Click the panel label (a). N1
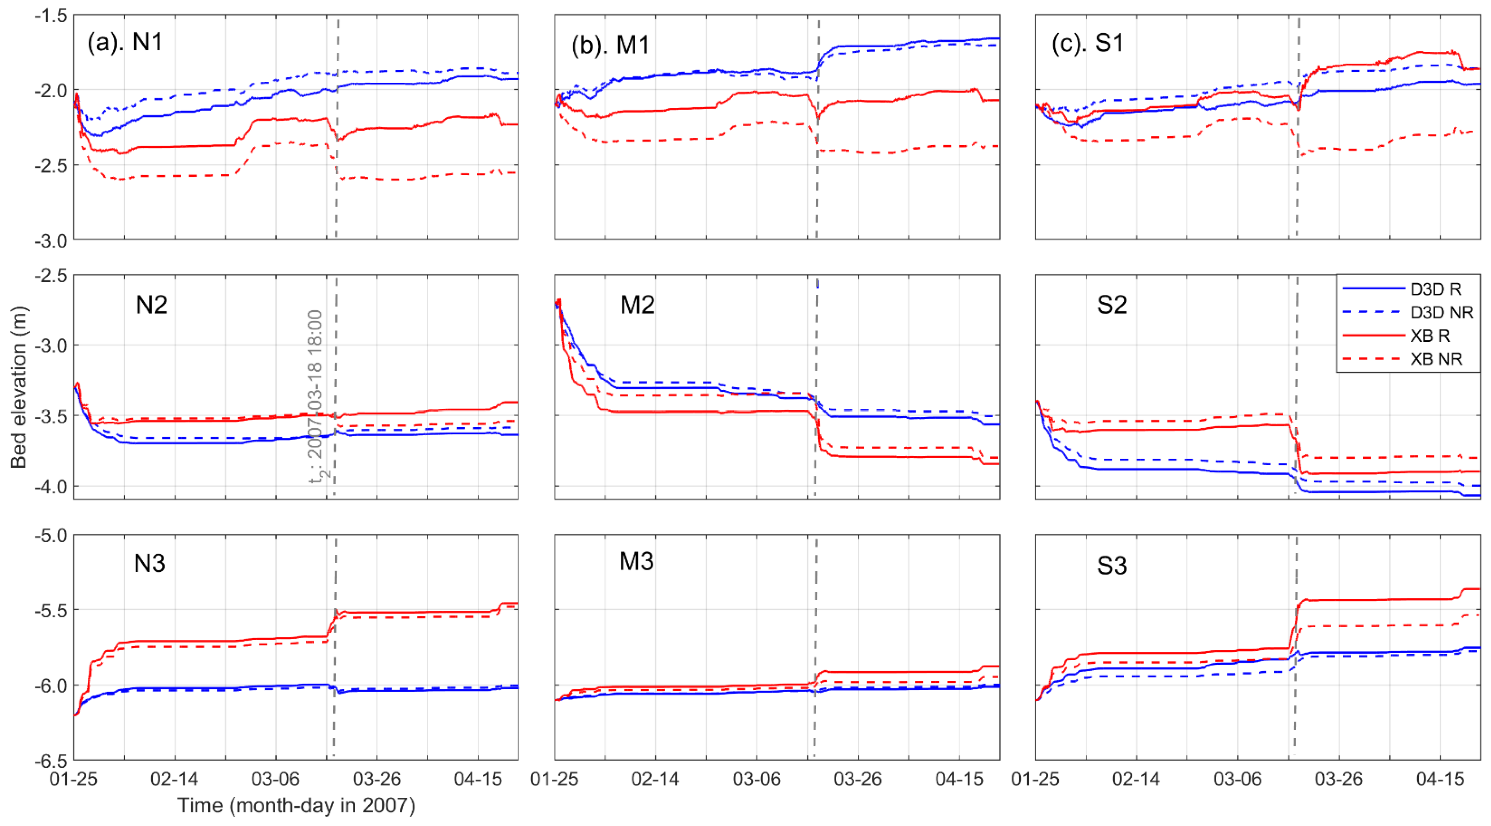pos(125,42)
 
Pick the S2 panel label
pos(1112,305)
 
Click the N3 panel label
pos(149,563)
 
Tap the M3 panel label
pos(636,561)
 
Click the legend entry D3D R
pos(1436,289)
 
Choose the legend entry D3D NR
pos(1441,313)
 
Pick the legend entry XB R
pos(1430,336)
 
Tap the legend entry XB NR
pos(1436,359)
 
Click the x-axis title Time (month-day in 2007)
pos(296,806)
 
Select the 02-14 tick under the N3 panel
pos(174,779)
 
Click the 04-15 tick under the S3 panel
pos(1440,779)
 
